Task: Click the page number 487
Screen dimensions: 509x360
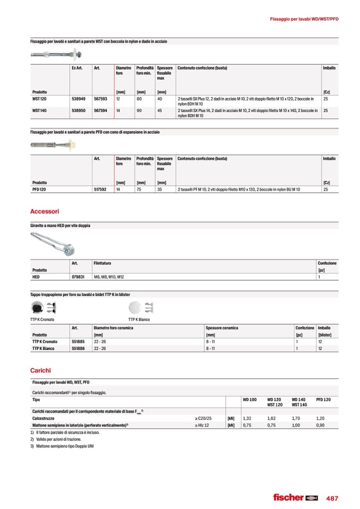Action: tap(332, 498)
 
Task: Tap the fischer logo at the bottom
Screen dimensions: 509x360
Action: tap(295, 497)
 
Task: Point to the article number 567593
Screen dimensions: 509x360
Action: tap(100, 99)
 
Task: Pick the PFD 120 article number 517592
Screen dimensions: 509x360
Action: tap(100, 189)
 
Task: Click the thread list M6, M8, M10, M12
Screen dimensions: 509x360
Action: tap(108, 277)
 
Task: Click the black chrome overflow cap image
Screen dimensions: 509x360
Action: tap(37, 308)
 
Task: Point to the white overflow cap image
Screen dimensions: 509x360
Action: tap(134, 308)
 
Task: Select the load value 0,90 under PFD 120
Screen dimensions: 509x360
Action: tap(320, 425)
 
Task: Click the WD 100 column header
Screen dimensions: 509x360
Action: tap(250, 399)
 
